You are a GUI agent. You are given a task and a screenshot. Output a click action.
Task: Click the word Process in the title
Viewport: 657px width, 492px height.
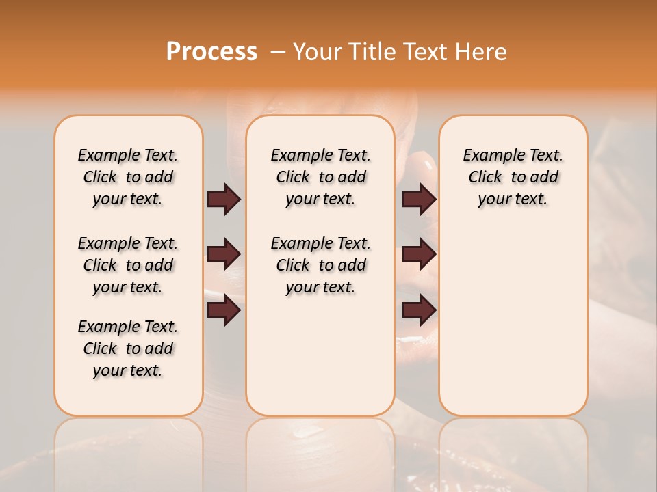point(211,51)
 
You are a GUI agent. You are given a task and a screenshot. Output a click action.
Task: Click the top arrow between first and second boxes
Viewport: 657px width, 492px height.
point(224,200)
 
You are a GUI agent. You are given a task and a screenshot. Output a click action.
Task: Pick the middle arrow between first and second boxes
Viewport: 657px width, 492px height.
point(224,255)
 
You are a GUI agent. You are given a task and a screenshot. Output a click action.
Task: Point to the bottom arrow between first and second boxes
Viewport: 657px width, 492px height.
point(224,311)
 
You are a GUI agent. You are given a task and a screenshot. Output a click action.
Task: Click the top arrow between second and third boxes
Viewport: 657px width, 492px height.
point(419,200)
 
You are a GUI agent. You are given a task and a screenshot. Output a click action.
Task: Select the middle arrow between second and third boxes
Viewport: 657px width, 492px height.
point(419,255)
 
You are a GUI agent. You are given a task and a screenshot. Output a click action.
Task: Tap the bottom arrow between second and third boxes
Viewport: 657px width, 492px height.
point(419,311)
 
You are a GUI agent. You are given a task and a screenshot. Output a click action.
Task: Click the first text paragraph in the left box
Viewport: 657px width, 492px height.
point(128,177)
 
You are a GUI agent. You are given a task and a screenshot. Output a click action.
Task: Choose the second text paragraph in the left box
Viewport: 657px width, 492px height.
point(128,265)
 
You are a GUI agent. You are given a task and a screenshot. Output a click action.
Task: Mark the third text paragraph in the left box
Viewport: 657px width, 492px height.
point(128,348)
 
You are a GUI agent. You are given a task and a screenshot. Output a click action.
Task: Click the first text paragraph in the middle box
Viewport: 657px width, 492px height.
point(320,177)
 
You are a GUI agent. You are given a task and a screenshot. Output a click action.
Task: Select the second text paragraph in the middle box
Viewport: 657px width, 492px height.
point(320,265)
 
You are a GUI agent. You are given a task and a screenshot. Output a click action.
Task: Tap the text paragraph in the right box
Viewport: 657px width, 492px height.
point(513,177)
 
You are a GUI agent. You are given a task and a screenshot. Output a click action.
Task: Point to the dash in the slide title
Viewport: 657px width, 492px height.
point(277,52)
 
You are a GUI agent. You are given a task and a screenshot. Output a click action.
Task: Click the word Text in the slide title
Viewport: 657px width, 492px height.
point(428,51)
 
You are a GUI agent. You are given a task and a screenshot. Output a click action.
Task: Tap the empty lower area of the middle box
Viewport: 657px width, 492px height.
point(320,355)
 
